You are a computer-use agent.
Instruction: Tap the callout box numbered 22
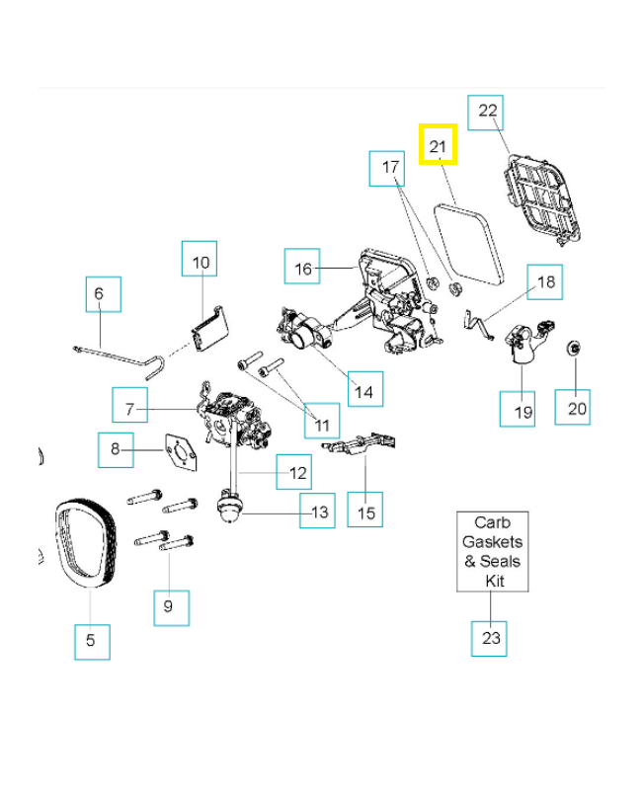pyautogui.click(x=488, y=112)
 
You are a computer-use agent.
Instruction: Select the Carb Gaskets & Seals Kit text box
pyautogui.click(x=492, y=551)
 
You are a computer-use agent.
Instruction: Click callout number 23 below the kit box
pyautogui.click(x=491, y=638)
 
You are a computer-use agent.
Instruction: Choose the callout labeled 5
pyautogui.click(x=91, y=640)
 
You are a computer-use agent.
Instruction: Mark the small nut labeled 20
pyautogui.click(x=573, y=349)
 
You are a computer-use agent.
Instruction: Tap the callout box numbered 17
pyautogui.click(x=390, y=168)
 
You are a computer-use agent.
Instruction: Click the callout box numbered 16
pyautogui.click(x=303, y=268)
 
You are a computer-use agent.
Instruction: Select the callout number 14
pyautogui.click(x=363, y=391)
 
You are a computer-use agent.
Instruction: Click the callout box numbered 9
pyautogui.click(x=169, y=606)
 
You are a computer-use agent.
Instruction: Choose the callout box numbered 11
pyautogui.click(x=321, y=425)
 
